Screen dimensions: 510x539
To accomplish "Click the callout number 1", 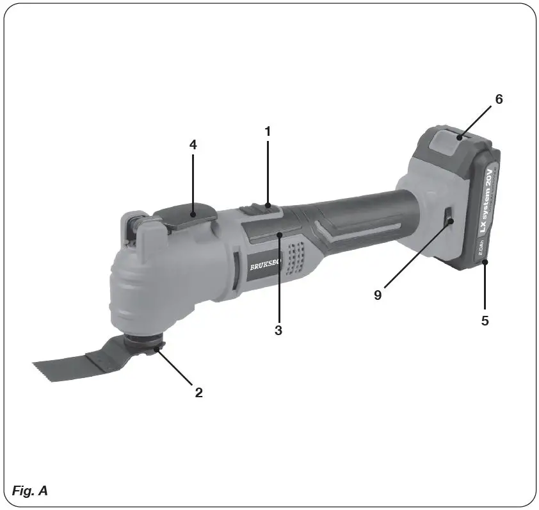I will (x=268, y=131).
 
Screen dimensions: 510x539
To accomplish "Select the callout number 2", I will (x=199, y=393).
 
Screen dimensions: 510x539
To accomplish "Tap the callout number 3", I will (x=278, y=331).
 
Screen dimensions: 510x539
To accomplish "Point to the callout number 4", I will (x=193, y=145).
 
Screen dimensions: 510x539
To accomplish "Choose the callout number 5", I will (x=485, y=320).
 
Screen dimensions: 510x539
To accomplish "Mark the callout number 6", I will (x=499, y=99).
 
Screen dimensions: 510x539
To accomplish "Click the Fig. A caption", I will (x=30, y=491).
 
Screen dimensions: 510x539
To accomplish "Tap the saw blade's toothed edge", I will (x=48, y=371).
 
